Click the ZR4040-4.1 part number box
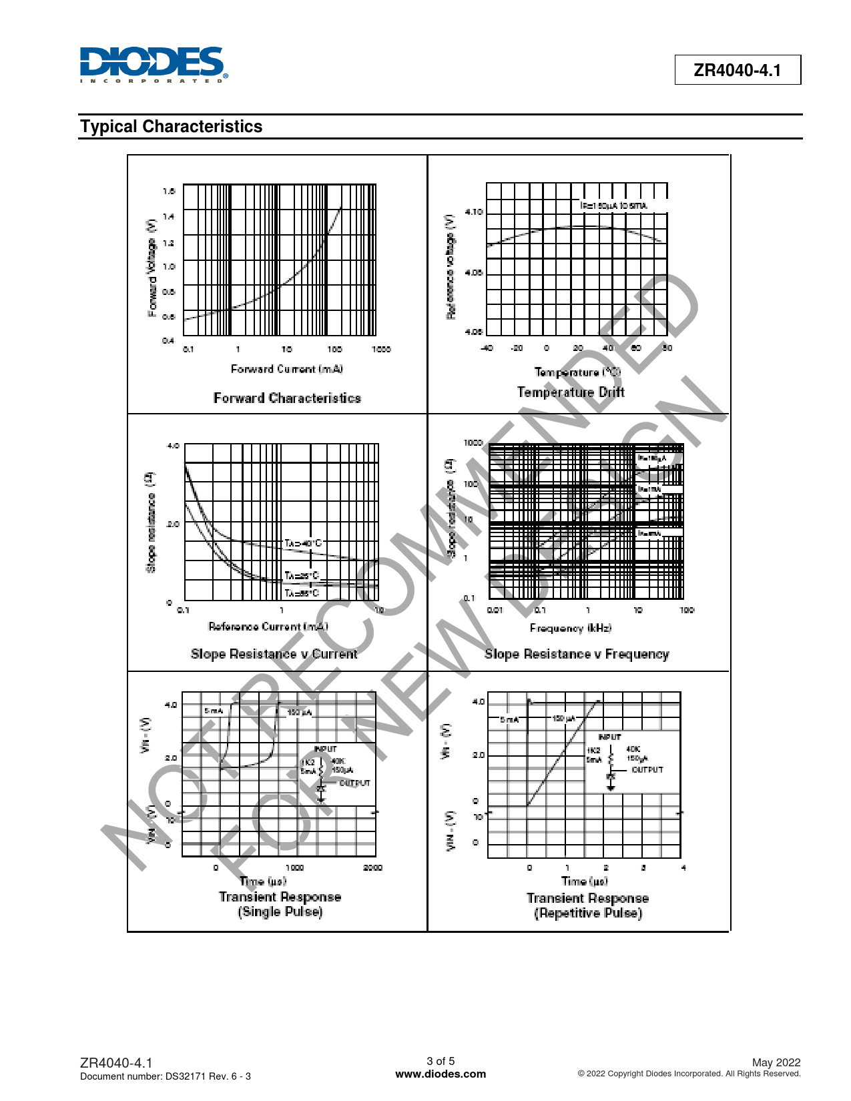click(x=737, y=70)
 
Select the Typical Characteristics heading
click(x=172, y=127)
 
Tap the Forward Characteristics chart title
click(x=287, y=398)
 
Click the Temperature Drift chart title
click(x=571, y=392)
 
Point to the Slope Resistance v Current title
click(x=274, y=654)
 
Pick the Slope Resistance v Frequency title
click(x=577, y=655)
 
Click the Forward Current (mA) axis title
click(x=287, y=369)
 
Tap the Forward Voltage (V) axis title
click(x=152, y=268)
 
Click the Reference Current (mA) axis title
click(x=268, y=627)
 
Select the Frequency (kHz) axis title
click(x=571, y=628)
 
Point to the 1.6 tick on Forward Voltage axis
click(x=169, y=192)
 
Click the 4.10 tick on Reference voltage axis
click(x=474, y=212)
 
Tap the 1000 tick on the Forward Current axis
click(x=381, y=349)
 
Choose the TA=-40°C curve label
click(x=303, y=543)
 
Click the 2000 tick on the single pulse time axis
click(x=372, y=868)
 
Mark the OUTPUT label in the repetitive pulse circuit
click(x=647, y=770)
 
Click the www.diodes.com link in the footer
click(x=441, y=1074)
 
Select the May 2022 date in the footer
click(x=776, y=1062)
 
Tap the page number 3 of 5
click(x=441, y=1061)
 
